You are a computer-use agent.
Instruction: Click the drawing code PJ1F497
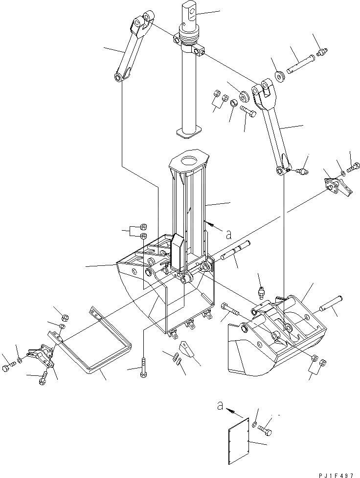pyautogui.click(x=334, y=473)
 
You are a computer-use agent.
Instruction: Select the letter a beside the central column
pyautogui.click(x=228, y=235)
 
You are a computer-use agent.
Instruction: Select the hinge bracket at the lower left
pyautogui.click(x=42, y=356)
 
